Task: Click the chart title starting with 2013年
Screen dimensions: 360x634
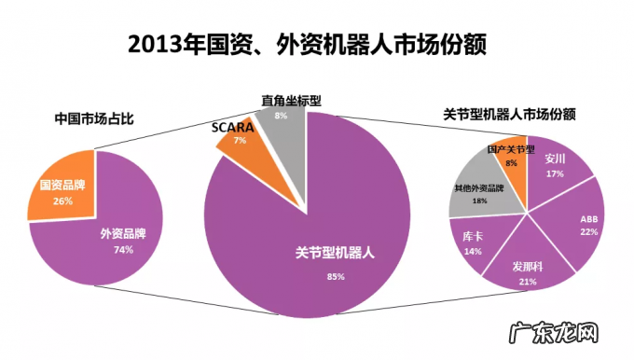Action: coord(308,44)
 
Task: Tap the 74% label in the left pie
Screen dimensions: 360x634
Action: coord(123,249)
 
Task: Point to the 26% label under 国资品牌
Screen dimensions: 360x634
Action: coord(63,201)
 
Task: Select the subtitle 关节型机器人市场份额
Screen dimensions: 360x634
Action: coord(508,115)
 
